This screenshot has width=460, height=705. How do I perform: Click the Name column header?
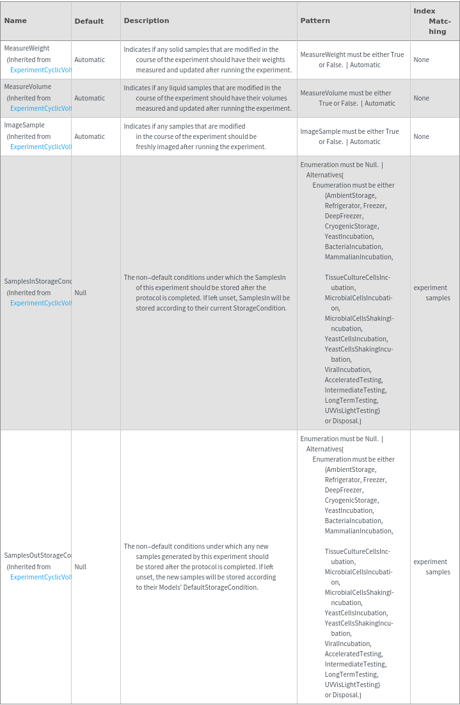point(15,20)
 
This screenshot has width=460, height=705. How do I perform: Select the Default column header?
point(89,21)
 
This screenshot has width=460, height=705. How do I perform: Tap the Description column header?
point(147,20)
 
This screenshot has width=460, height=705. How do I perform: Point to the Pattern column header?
point(315,20)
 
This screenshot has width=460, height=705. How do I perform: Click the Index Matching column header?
point(434,21)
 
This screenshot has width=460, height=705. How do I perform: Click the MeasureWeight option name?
point(27,48)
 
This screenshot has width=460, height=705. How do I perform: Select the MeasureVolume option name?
point(28,86)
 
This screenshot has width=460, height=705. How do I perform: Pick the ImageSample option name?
point(24,125)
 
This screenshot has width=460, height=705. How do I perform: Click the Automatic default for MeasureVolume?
point(90,98)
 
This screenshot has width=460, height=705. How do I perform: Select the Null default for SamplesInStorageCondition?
point(81,293)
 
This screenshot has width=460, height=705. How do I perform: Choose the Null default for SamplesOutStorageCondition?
point(81,567)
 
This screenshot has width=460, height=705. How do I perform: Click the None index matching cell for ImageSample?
point(422,136)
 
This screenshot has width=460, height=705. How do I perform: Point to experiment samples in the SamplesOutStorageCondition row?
point(432,567)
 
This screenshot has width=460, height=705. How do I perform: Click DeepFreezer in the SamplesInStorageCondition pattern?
point(344,216)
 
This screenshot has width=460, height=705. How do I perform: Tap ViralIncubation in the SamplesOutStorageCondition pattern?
point(347,644)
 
